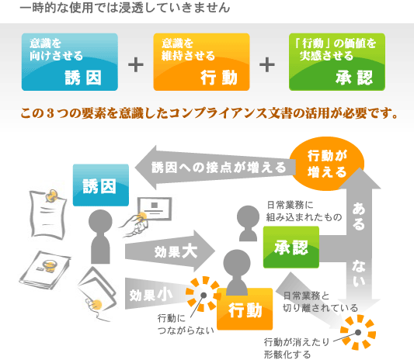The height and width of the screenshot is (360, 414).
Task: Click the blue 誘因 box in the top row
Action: click(x=70, y=62)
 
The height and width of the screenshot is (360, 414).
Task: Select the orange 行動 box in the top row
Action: click(x=201, y=62)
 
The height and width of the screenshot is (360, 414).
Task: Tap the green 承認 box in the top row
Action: click(x=337, y=62)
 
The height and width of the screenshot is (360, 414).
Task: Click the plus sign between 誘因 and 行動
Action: click(x=136, y=65)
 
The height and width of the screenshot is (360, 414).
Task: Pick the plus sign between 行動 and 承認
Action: click(x=267, y=65)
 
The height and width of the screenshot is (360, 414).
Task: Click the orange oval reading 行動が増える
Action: click(x=327, y=164)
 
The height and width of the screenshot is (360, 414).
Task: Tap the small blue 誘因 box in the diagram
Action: click(x=101, y=185)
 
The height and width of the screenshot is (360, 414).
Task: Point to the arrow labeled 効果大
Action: click(x=170, y=251)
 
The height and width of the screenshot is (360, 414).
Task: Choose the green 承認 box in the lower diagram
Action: click(x=291, y=247)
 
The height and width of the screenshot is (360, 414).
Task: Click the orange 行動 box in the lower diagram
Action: click(x=245, y=309)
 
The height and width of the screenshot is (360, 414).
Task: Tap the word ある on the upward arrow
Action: click(x=359, y=216)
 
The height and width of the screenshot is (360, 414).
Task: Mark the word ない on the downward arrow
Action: click(x=359, y=273)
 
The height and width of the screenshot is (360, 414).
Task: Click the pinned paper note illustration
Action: click(x=47, y=215)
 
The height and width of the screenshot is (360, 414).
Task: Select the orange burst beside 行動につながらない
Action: click(x=204, y=294)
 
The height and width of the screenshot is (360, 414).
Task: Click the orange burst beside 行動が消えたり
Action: click(x=358, y=332)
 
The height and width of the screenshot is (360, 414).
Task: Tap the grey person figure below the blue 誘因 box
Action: click(x=100, y=237)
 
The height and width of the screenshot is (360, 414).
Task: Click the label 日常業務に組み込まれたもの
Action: click(x=304, y=211)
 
